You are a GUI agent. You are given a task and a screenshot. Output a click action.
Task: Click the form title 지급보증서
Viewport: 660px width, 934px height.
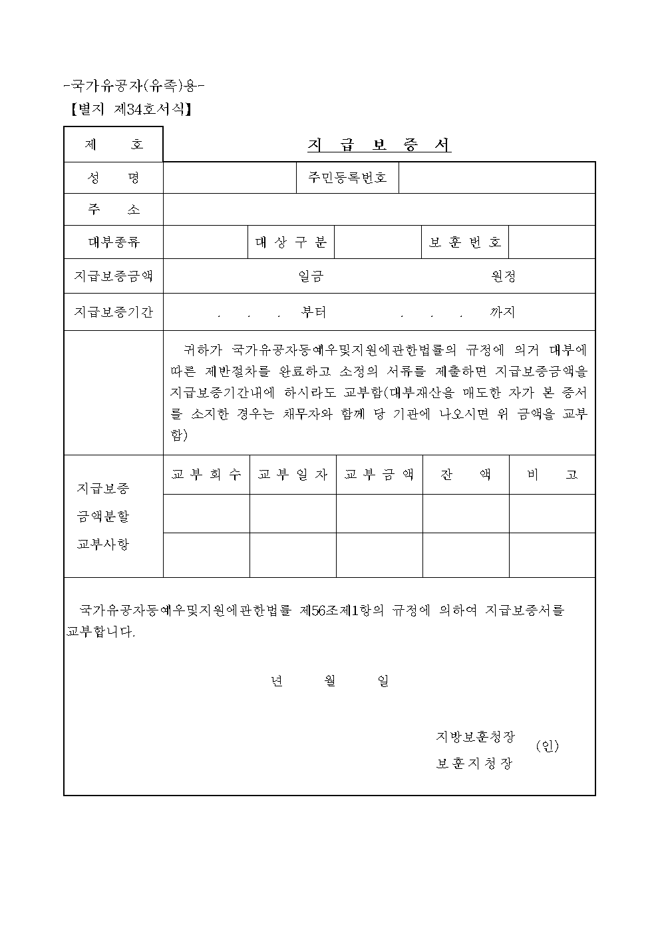coord(379,145)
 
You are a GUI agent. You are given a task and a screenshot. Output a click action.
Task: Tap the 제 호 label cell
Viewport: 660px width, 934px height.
coord(114,144)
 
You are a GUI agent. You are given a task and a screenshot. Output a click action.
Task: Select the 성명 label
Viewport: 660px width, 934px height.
coord(114,178)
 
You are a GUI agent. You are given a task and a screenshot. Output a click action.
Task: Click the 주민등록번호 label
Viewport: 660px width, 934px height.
coord(347,178)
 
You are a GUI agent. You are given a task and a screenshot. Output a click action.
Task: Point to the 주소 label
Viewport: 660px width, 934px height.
coord(114,210)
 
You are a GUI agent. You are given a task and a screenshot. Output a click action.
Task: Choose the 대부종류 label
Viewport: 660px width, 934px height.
coord(114,242)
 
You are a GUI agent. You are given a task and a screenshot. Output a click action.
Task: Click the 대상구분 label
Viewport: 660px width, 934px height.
coord(291,242)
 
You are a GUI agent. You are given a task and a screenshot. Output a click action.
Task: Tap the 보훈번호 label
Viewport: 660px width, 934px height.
coord(465,242)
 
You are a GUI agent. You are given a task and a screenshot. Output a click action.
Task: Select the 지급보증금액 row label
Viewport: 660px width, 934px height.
coord(114,276)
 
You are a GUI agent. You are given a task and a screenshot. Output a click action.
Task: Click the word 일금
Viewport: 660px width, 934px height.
coord(311,276)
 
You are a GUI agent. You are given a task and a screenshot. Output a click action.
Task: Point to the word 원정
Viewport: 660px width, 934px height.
coord(504,276)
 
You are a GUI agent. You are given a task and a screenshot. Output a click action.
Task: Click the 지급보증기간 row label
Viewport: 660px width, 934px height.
coord(114,312)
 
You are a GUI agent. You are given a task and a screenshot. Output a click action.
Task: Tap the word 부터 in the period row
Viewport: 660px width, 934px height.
coord(313,312)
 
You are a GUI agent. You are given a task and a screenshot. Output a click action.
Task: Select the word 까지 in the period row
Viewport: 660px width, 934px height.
coord(502,312)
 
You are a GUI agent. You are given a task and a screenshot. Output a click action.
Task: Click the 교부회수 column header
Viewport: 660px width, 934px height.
coord(206,475)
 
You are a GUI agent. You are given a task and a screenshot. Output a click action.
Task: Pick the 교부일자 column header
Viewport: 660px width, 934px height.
coord(293,475)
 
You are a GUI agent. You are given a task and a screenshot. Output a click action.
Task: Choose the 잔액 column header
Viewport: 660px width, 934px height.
coord(466,475)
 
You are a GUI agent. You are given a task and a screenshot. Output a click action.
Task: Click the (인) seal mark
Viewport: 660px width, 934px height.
coord(548,747)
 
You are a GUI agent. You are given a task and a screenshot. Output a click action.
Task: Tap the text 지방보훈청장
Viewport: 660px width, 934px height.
coord(475,737)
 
